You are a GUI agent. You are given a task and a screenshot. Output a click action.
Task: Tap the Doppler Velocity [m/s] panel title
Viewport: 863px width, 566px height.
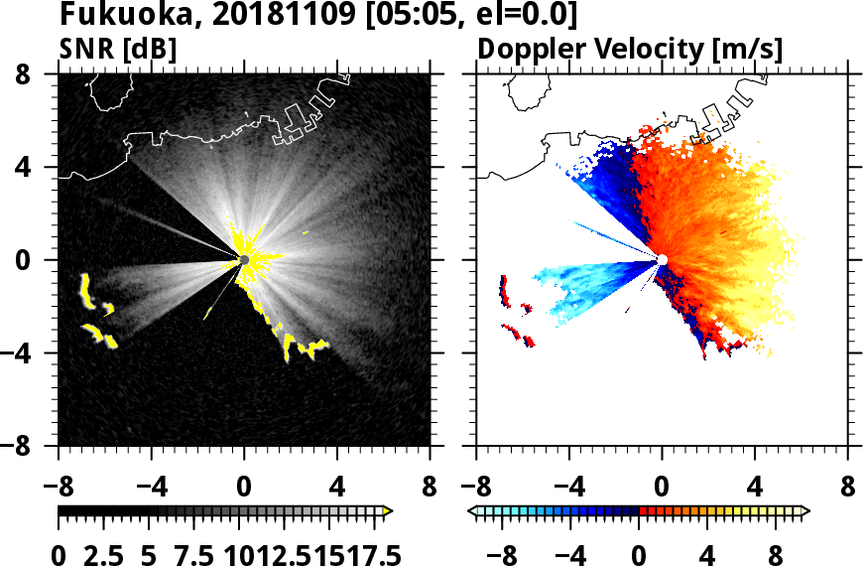(631, 48)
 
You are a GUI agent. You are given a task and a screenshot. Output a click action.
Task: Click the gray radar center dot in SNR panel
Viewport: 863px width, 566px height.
(244, 260)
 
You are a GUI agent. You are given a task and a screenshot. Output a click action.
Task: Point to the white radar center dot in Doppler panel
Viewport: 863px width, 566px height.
(662, 260)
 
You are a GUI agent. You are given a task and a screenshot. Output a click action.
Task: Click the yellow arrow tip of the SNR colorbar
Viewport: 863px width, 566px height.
(388, 511)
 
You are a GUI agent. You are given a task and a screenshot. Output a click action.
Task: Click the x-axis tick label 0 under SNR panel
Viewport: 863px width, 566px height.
(244, 488)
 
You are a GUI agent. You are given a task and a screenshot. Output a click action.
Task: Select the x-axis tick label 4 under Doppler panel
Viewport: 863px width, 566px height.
(755, 488)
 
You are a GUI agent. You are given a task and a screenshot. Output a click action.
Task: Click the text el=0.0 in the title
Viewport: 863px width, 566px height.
(517, 16)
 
